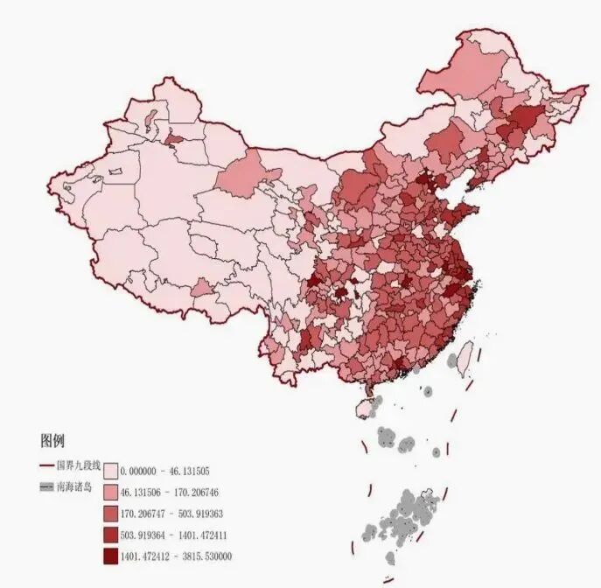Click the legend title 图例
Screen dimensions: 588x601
(52, 441)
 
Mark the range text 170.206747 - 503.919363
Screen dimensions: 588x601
(170, 514)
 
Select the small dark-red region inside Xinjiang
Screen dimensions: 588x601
(174, 138)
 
